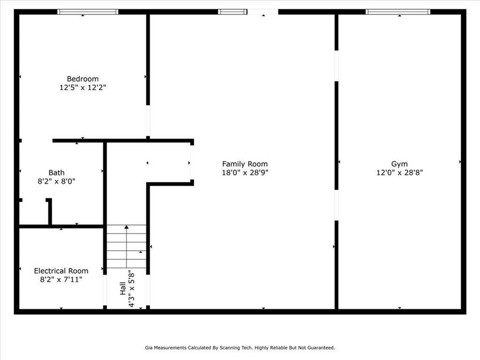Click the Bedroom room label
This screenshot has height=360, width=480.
click(x=82, y=79)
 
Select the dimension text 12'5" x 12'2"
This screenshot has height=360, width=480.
click(x=82, y=88)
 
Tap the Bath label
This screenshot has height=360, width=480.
click(x=56, y=172)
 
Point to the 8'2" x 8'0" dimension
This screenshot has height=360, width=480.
click(x=56, y=181)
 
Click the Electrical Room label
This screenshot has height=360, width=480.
click(x=61, y=271)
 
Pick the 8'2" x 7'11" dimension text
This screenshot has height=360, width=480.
click(x=61, y=280)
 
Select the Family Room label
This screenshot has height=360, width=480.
click(x=245, y=164)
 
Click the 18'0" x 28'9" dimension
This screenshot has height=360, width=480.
click(x=245, y=172)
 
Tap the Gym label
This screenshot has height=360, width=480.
click(x=399, y=164)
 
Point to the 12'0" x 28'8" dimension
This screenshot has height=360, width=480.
click(x=399, y=172)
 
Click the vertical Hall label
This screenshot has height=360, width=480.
click(x=122, y=288)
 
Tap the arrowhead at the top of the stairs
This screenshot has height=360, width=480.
click(x=127, y=227)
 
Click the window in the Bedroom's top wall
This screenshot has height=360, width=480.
click(x=88, y=12)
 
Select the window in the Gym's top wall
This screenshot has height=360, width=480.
click(x=397, y=12)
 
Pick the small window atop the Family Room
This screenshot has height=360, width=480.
click(x=232, y=12)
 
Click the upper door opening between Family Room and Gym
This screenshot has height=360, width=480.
click(x=337, y=66)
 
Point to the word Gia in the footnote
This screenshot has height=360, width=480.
click(x=149, y=348)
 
